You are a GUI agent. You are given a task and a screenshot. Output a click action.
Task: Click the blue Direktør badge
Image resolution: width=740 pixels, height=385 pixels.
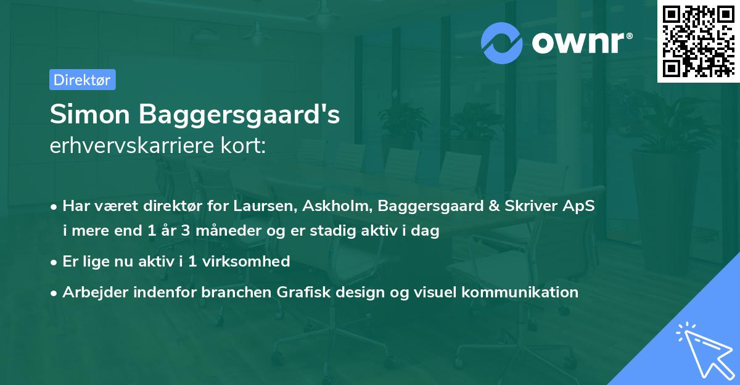tap(82, 80)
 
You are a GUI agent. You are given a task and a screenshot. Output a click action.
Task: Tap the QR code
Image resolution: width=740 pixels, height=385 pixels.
tap(698, 41)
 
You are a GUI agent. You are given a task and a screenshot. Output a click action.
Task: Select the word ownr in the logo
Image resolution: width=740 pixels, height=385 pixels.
tap(578, 43)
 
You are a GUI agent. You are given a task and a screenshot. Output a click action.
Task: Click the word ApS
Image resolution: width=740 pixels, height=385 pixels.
tap(580, 207)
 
